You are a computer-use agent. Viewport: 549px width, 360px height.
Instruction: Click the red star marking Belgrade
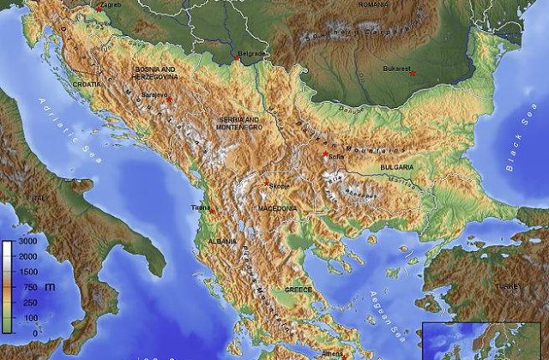point(236,59)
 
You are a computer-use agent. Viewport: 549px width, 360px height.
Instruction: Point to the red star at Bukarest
point(413,73)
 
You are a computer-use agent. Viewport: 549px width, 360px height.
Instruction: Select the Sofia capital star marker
point(325,154)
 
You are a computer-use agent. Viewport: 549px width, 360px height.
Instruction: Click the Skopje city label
point(280,184)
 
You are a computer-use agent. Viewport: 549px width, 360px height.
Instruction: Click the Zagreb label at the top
point(111,5)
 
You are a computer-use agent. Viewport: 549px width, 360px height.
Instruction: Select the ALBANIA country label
point(222,243)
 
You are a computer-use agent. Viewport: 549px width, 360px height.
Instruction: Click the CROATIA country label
point(86,85)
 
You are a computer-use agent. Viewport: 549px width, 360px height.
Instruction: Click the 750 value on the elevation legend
point(29,288)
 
